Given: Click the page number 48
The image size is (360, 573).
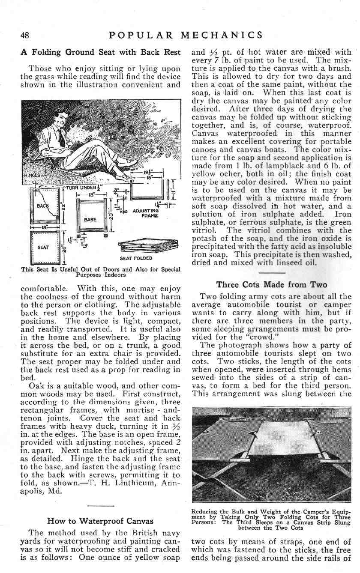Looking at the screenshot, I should [26, 35].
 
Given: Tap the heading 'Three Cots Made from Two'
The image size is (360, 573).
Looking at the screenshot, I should [272, 285].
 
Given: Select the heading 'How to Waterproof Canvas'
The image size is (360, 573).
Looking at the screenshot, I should [100, 521].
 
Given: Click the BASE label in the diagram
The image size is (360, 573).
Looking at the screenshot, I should [90, 219].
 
